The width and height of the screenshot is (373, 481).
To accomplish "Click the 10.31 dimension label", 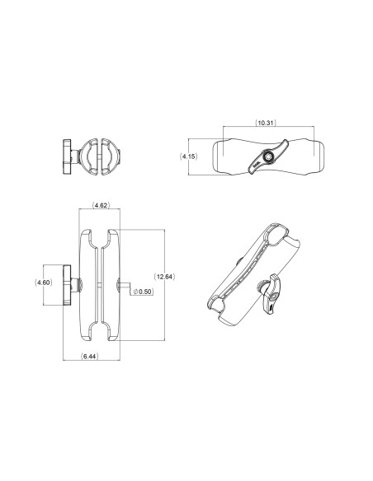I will (x=266, y=124).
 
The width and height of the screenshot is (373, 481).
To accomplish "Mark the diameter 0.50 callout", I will (x=144, y=291).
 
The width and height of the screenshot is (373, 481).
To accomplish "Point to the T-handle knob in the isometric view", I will (x=268, y=299).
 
